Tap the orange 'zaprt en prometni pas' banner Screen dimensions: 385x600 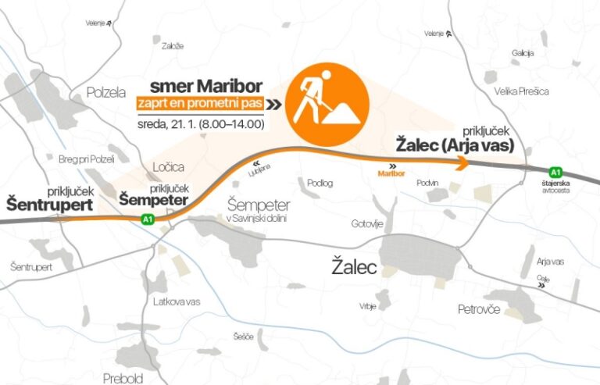198,102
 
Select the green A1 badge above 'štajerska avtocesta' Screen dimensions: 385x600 555,172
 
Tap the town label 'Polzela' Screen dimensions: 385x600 105,92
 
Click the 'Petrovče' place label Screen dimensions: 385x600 479,309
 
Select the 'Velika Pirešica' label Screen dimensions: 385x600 521,91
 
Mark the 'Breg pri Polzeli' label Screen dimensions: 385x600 87,159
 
